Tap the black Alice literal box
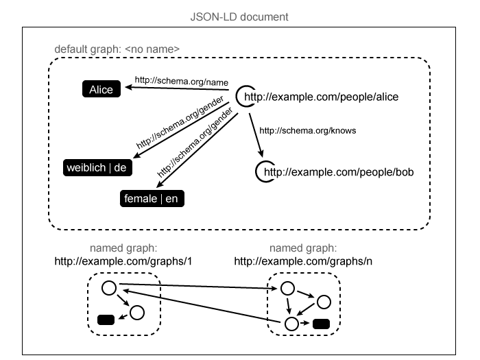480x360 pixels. (101, 88)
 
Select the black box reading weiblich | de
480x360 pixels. (96, 167)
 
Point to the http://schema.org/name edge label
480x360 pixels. (171, 80)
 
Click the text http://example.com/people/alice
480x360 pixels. (321, 97)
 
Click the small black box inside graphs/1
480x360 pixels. (106, 319)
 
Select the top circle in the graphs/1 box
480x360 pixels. (108, 288)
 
